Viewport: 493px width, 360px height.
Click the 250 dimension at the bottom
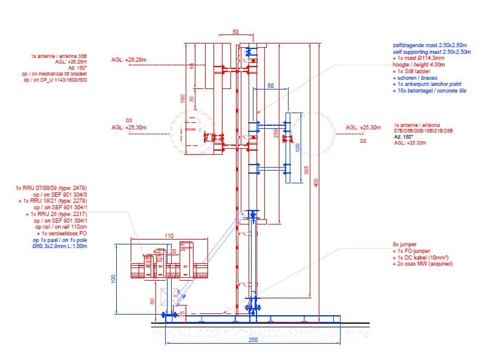point(253,340)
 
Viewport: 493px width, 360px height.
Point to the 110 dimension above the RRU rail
point(169,235)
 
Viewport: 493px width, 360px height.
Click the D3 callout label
point(129,120)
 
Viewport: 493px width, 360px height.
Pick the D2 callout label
point(364,141)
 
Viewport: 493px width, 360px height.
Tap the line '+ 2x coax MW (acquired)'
point(422,264)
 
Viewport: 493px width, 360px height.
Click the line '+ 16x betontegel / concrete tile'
point(429,91)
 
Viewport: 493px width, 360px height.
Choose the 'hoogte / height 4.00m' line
point(419,65)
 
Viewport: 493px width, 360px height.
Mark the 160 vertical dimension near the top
point(181,98)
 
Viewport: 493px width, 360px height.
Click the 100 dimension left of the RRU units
point(113,278)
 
